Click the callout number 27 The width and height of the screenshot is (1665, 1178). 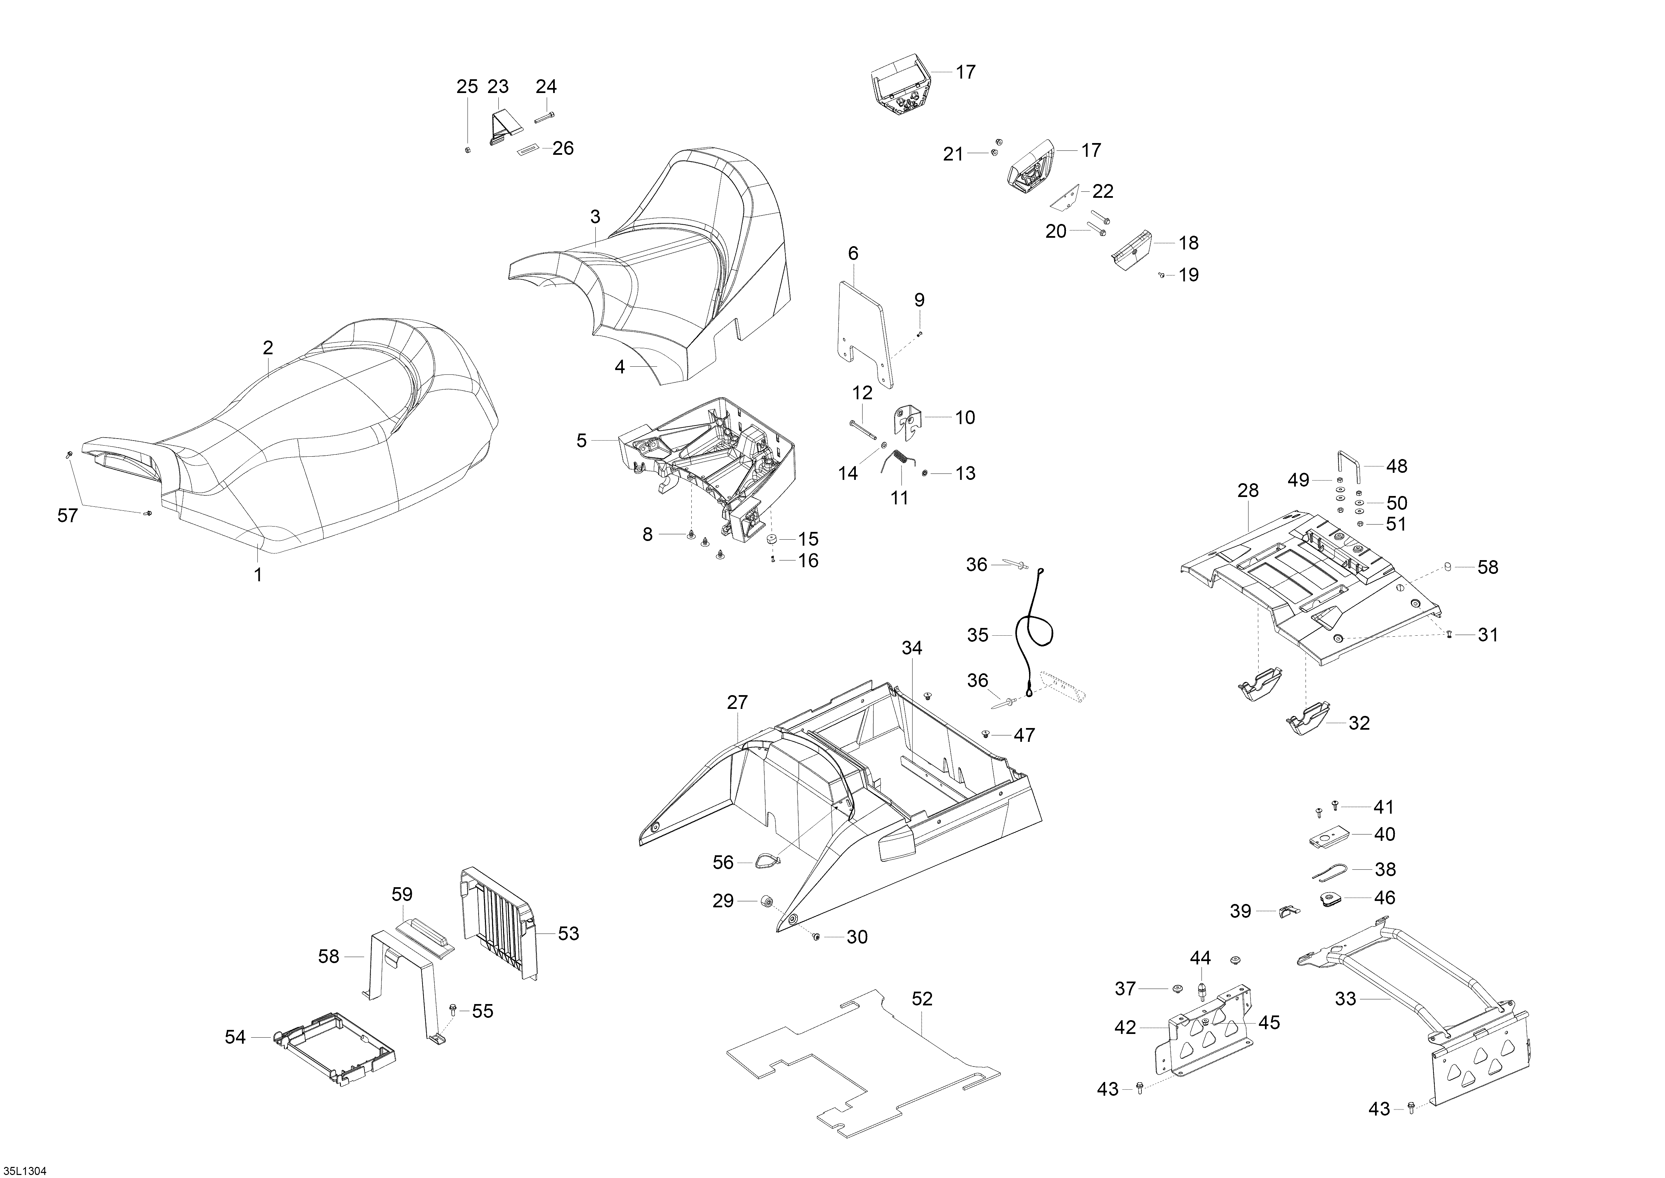coord(737,702)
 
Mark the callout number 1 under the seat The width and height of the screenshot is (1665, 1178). coord(257,575)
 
